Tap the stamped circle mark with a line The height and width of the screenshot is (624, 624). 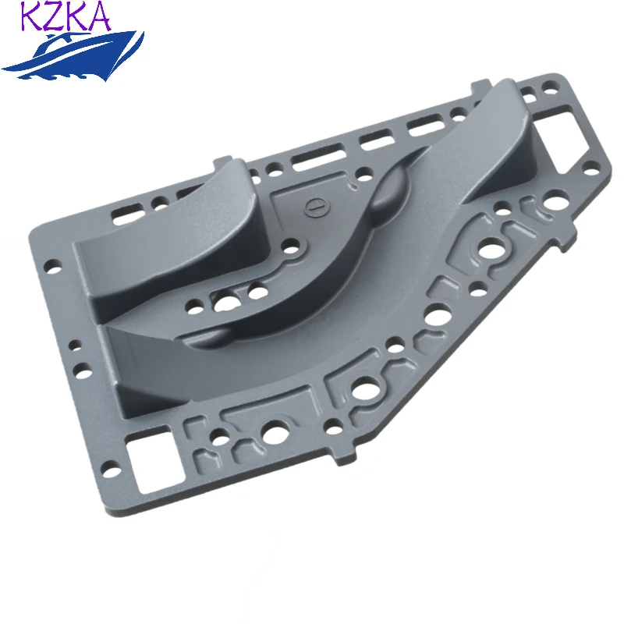tap(317, 207)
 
